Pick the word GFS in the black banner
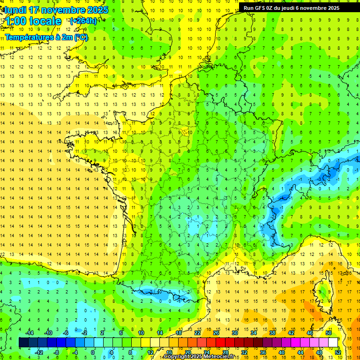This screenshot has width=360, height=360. coord(262,8)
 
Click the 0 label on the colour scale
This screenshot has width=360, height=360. coord(93,352)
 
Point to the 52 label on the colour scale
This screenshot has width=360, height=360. coord(337,352)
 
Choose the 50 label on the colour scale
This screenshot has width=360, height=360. coord(328,333)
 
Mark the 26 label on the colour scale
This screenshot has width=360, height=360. coord(216,333)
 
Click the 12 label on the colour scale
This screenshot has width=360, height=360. coord(150,352)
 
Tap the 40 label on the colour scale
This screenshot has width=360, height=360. coord(281,352)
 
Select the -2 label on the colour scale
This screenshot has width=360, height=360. coord(84,333)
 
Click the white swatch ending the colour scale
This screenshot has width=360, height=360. coord(333,343)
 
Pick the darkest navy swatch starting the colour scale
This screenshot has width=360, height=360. coord(23,343)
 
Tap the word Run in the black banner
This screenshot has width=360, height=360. coord(248,8)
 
